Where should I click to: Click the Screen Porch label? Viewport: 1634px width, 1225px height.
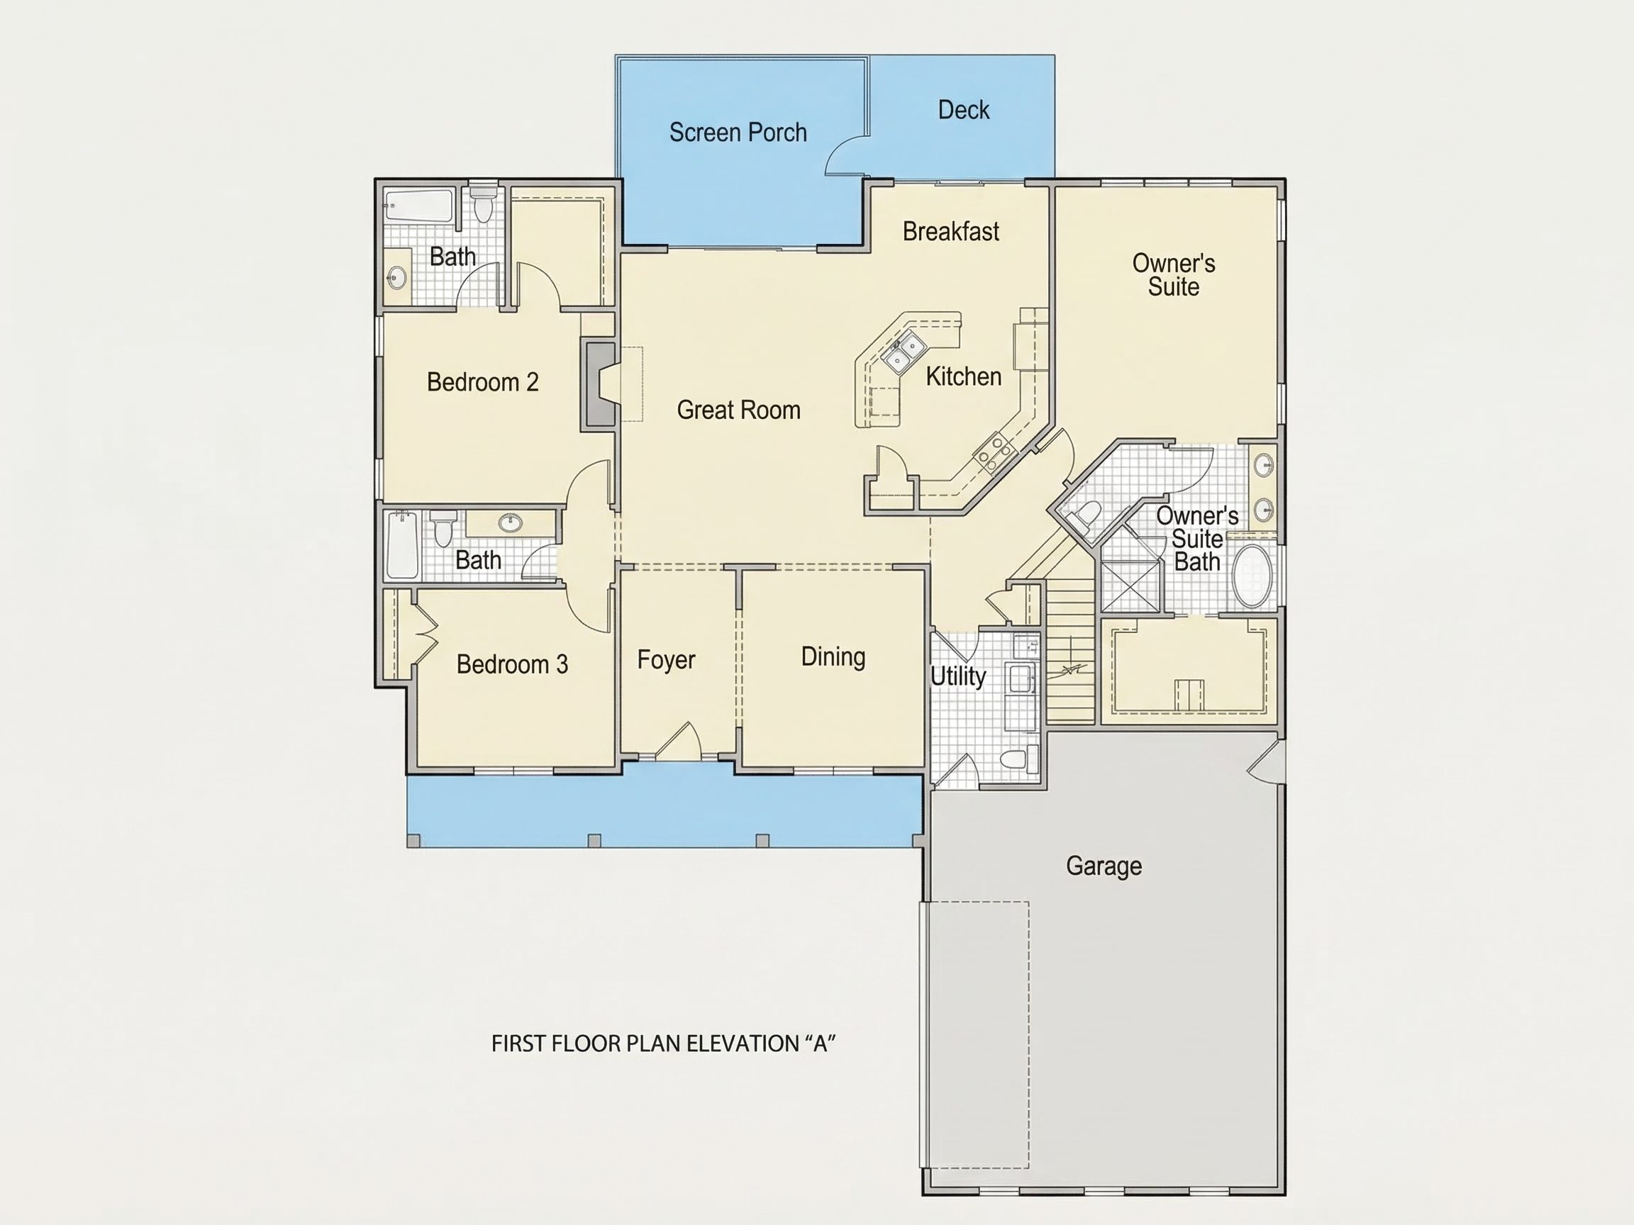pyautogui.click(x=738, y=133)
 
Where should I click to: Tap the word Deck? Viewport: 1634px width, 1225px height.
pyautogui.click(x=963, y=110)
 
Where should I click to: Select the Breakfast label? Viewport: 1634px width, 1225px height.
pyautogui.click(x=951, y=231)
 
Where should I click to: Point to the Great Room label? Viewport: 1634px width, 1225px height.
pyautogui.click(x=739, y=410)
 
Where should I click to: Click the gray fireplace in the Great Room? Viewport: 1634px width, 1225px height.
pyautogui.click(x=599, y=384)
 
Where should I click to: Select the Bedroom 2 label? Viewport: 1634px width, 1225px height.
pyautogui.click(x=482, y=382)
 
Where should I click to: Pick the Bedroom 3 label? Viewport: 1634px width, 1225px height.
pyautogui.click(x=512, y=664)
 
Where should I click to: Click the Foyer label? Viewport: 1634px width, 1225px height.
pyautogui.click(x=667, y=660)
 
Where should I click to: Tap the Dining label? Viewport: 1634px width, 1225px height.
pyautogui.click(x=833, y=656)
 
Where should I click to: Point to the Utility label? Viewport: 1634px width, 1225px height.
pyautogui.click(x=958, y=676)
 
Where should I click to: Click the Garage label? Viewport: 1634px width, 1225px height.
pyautogui.click(x=1104, y=866)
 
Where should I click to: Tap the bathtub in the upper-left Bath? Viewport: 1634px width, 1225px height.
pyautogui.click(x=418, y=206)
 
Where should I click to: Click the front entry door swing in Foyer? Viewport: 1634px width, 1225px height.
pyautogui.click(x=677, y=741)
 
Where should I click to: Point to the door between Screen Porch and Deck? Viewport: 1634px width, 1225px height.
pyautogui.click(x=847, y=155)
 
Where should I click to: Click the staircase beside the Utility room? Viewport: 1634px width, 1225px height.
pyautogui.click(x=1070, y=651)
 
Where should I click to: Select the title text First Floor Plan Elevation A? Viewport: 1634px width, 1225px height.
pyautogui.click(x=663, y=1044)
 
